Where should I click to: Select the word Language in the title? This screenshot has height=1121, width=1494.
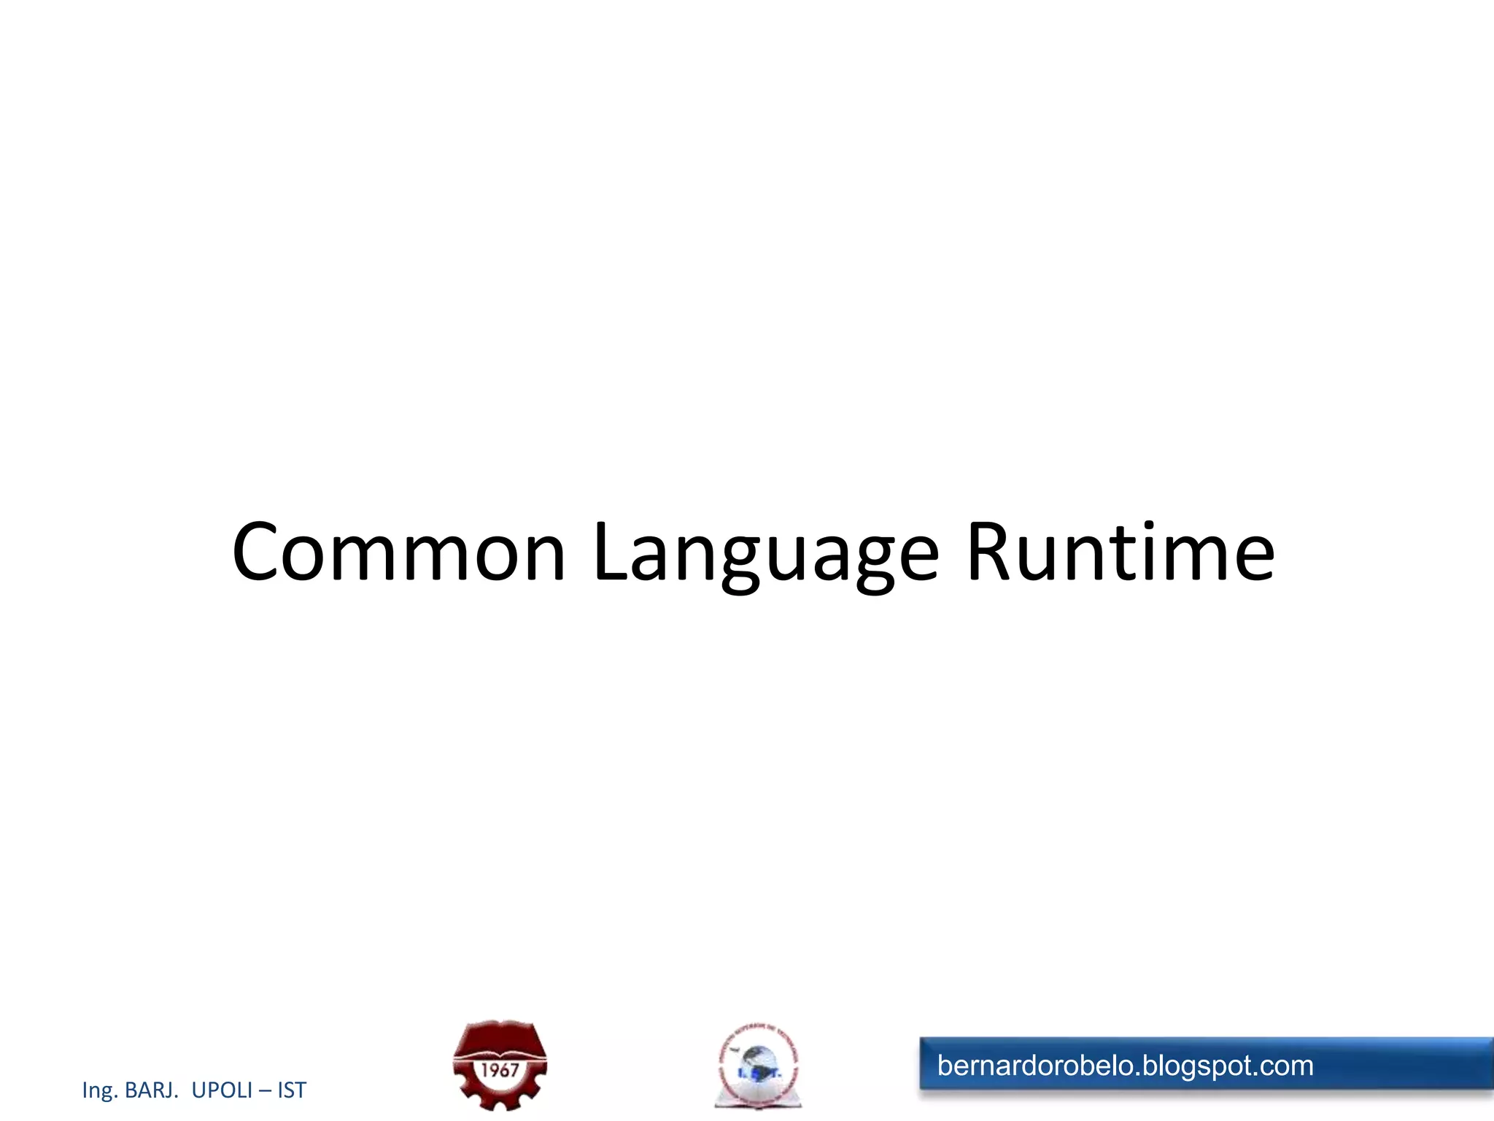766,555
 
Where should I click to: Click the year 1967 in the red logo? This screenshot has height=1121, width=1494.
500,1071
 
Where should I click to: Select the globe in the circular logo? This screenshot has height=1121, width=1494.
759,1062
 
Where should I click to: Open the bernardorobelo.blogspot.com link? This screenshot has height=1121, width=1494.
1125,1066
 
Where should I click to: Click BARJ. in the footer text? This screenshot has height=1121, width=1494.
151,1090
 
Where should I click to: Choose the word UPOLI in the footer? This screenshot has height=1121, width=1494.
222,1090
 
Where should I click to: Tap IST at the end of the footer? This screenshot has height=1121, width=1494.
292,1090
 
